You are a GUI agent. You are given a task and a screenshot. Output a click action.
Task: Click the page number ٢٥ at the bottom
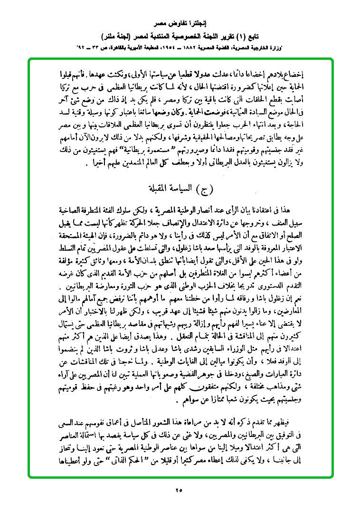click(179, 490)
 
